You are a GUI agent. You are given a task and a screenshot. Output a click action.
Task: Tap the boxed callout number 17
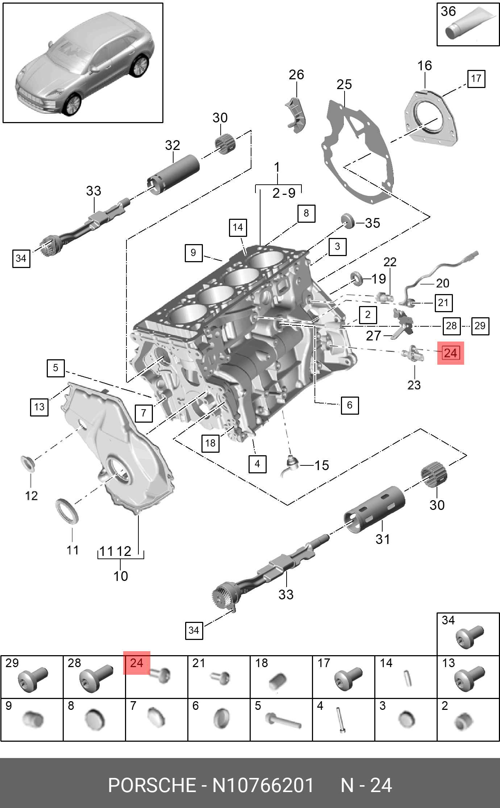(x=476, y=79)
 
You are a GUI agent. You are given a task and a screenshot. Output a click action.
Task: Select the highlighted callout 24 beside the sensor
(x=450, y=353)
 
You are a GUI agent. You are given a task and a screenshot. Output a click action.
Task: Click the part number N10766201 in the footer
(x=263, y=785)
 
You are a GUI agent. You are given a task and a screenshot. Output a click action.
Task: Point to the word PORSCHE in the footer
(x=152, y=785)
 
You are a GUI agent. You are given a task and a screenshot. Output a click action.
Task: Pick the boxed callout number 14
(x=238, y=227)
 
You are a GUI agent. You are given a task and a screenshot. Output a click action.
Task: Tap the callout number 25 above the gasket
(x=344, y=85)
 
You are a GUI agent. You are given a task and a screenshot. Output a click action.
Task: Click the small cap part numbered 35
(x=348, y=221)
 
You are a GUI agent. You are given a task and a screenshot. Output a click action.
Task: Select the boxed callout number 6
(x=350, y=405)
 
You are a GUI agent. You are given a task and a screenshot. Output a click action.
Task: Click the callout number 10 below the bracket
(x=121, y=576)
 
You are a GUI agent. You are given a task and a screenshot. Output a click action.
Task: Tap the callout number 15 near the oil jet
(x=321, y=465)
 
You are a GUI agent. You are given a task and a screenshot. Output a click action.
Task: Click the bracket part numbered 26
(x=296, y=114)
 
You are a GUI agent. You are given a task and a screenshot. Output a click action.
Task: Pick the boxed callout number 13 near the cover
(x=39, y=407)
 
